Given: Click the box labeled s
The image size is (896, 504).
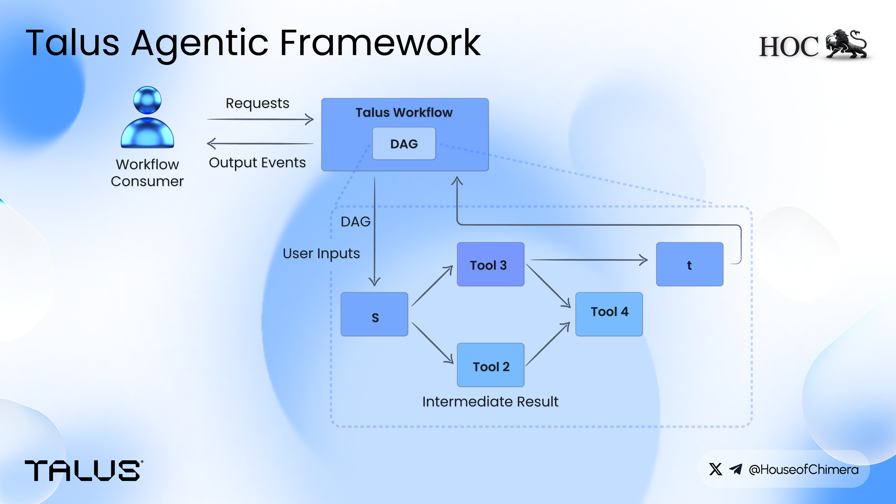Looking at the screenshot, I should [x=374, y=314].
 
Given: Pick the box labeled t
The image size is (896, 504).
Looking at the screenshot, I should [x=689, y=264].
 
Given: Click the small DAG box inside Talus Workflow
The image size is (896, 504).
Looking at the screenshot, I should [x=404, y=144].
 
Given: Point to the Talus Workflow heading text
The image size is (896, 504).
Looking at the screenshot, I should [x=404, y=112].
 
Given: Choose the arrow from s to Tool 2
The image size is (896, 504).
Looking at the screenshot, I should [x=432, y=343].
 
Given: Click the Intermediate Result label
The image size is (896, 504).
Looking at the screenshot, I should [x=490, y=402].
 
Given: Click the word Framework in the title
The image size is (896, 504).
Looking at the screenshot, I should [x=380, y=43].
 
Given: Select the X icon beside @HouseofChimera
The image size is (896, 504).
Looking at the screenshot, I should [x=715, y=469].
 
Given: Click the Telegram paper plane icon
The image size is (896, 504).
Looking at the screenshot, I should [x=736, y=469].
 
